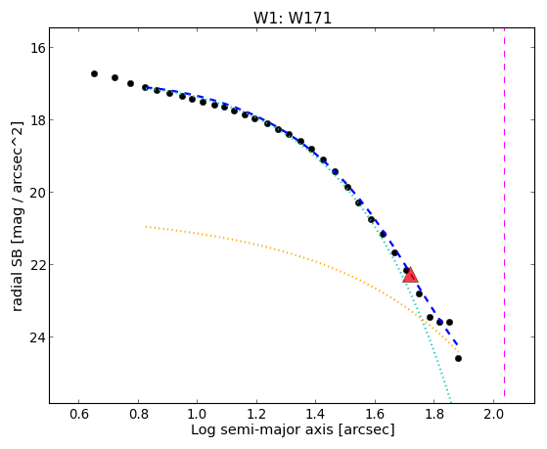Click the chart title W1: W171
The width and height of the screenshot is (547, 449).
[293, 19]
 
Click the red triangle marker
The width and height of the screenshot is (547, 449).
[410, 275]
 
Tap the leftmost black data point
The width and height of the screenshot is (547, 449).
[94, 74]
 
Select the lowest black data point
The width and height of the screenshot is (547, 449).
[458, 359]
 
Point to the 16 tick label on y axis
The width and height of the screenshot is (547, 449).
[37, 48]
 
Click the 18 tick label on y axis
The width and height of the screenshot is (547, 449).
[37, 120]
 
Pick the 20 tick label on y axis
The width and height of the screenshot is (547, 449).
[37, 193]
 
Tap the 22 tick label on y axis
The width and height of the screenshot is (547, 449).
[37, 265]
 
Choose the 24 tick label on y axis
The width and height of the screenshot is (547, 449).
[37, 337]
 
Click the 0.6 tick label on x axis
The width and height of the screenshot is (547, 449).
[79, 414]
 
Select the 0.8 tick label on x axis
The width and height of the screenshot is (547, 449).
[139, 414]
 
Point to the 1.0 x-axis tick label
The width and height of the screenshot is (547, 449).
[198, 414]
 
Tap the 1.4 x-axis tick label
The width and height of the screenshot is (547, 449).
[316, 414]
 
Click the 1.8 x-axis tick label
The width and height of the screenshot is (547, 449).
[434, 414]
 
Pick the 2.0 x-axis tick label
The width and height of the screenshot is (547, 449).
[493, 414]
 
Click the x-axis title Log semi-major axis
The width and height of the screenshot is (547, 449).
[262, 429]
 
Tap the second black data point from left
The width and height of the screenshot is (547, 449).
[114, 78]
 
